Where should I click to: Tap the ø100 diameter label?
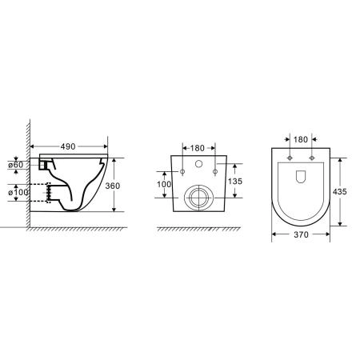pyautogui.click(x=17, y=193)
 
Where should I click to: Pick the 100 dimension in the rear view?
pyautogui.click(x=164, y=184)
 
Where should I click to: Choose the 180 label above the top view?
pyautogui.click(x=300, y=139)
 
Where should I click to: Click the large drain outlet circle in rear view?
pyautogui.click(x=198, y=197)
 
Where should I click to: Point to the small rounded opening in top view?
pyautogui.click(x=300, y=176)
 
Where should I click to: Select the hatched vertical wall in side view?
pyautogui.click(x=27, y=176)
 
